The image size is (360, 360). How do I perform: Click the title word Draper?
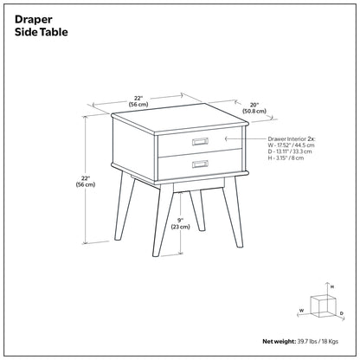[34, 20]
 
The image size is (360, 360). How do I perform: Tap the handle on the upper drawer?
[200, 141]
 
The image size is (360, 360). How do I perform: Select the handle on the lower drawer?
[200, 164]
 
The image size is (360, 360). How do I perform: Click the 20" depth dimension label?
[254, 105]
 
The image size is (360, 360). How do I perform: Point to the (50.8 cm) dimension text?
[254, 111]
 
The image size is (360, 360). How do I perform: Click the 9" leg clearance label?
[181, 221]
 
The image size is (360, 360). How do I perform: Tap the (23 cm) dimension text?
[181, 227]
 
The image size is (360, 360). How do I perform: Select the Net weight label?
[280, 342]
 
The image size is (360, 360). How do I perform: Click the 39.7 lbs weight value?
[307, 342]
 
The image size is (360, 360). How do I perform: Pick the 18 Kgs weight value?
[329, 342]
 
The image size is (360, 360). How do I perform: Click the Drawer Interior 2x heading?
[292, 139]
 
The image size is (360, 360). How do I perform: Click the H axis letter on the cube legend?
[332, 286]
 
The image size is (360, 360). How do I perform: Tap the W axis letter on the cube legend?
[302, 311]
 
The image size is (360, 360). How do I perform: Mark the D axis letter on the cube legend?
[341, 313]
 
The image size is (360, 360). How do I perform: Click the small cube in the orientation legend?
[324, 305]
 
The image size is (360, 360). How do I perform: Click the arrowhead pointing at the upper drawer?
[227, 139]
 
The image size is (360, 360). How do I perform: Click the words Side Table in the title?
[42, 32]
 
